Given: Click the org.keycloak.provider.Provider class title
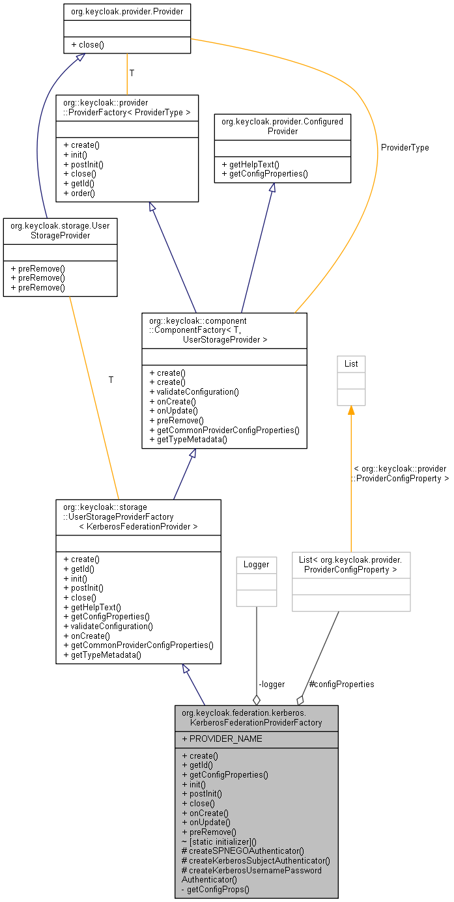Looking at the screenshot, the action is (127, 12).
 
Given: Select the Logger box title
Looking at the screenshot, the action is (256, 565).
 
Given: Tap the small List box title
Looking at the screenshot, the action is (351, 363).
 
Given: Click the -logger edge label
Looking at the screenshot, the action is (272, 684).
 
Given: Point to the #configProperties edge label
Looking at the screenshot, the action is (341, 684).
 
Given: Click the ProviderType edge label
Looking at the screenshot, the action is (405, 148).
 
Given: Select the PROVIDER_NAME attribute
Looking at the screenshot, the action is (222, 739).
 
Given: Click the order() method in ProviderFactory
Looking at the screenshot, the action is (79, 193).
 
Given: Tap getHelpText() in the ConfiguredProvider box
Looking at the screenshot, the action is (251, 164).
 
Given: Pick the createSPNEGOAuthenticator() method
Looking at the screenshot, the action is (243, 851).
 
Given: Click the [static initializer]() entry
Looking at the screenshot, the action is (219, 841).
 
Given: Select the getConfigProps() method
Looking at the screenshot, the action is (216, 889).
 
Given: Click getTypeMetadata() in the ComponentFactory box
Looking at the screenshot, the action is (188, 440).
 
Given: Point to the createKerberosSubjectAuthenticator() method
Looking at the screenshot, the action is (256, 860).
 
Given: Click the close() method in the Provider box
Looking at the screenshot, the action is (87, 45).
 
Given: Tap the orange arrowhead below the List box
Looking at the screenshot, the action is (351, 410).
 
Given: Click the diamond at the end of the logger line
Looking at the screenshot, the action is (256, 700).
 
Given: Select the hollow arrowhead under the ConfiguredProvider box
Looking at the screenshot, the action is (273, 188).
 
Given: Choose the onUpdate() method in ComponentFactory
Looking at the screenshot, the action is (174, 411).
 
